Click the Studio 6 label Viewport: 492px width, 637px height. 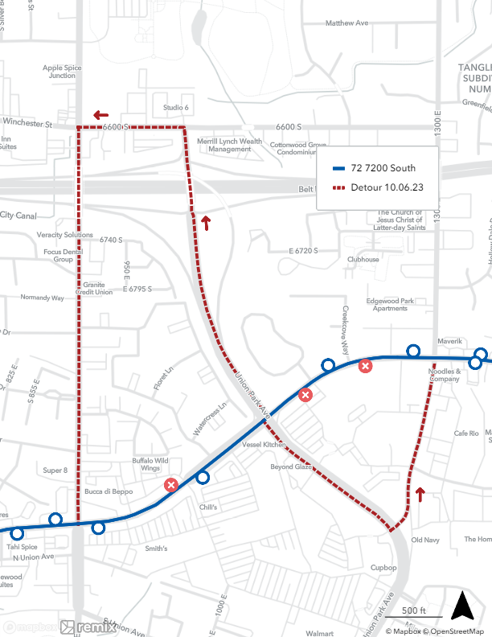point(175,107)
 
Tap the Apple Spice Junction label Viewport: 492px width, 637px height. point(63,72)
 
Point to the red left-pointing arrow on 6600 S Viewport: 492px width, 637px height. point(100,115)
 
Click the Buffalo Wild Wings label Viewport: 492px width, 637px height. point(150,464)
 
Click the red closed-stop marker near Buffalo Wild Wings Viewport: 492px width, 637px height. point(170,484)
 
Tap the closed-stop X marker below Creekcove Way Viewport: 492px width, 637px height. point(365,366)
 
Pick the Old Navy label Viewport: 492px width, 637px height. point(425,540)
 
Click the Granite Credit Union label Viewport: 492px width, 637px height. point(96,288)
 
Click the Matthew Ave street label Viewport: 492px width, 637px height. point(346,23)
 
